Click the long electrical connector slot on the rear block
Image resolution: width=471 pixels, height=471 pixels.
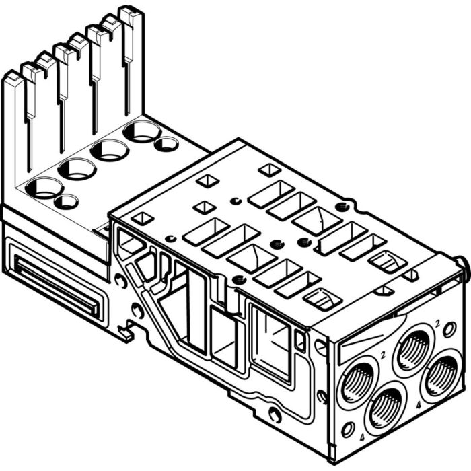click(57, 290)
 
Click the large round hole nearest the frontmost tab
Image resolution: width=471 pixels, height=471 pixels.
click(45, 188)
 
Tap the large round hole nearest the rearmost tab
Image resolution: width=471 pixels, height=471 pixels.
click(141, 131)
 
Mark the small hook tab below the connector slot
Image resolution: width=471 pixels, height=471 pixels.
click(124, 331)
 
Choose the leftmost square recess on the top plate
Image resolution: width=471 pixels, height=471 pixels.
click(143, 218)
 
